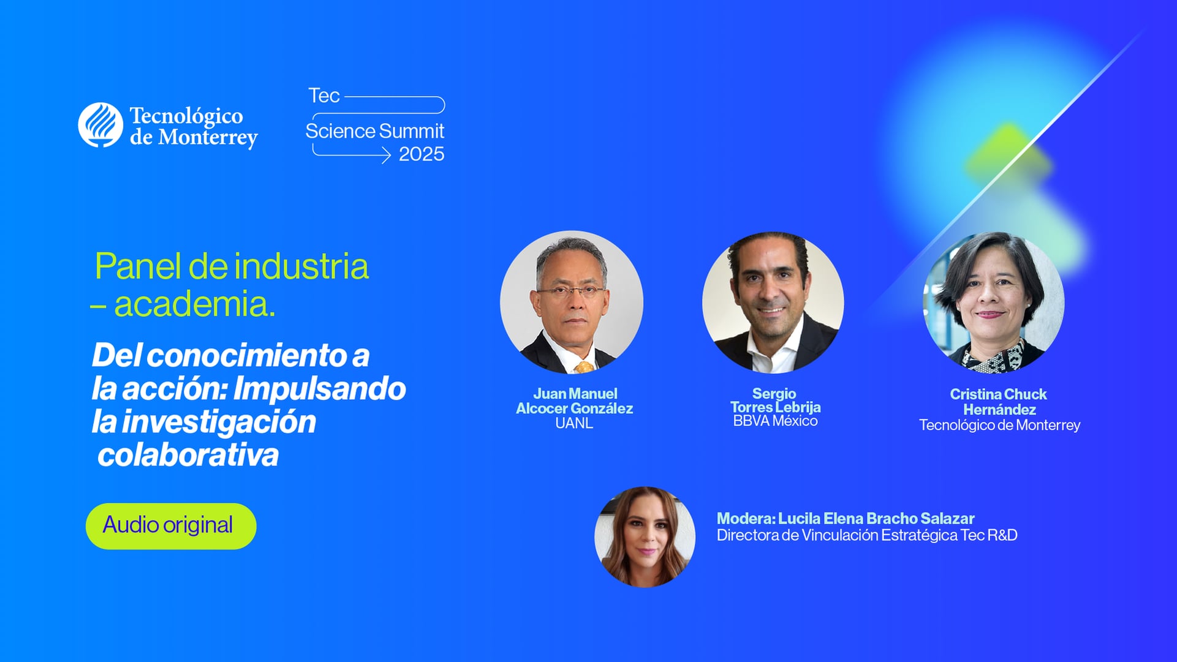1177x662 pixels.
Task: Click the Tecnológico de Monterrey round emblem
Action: (x=100, y=125)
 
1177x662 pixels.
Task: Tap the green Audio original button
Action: (x=170, y=526)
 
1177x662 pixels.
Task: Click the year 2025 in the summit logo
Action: (x=422, y=154)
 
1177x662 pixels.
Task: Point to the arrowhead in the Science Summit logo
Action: (x=386, y=156)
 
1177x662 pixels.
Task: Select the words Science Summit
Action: (x=374, y=131)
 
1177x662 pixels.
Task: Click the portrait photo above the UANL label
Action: (x=571, y=302)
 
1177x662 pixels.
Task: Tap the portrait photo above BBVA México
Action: (x=773, y=303)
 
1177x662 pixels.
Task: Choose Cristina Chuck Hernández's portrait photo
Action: (x=993, y=303)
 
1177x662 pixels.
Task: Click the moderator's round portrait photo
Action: (x=645, y=537)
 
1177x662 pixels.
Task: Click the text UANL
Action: (x=573, y=423)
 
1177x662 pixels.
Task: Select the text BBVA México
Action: (x=775, y=421)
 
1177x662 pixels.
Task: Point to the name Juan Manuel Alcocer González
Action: (x=574, y=401)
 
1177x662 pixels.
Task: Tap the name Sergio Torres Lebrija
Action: (x=775, y=401)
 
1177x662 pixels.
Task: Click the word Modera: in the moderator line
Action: (x=746, y=519)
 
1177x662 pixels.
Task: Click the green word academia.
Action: (x=194, y=304)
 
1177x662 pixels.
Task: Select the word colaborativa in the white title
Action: (x=188, y=455)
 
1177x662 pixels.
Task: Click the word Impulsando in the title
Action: (x=319, y=388)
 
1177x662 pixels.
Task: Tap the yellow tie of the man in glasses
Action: (x=583, y=367)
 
